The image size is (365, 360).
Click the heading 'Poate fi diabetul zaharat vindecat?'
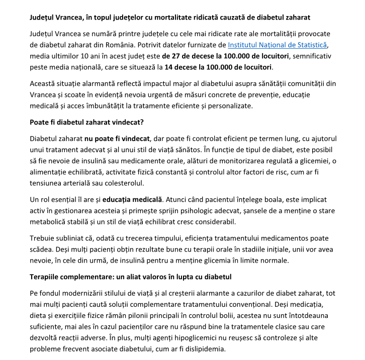pyautogui.click(x=87, y=122)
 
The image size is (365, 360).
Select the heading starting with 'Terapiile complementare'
pyautogui.click(x=130, y=277)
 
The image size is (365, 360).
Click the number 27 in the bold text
pyautogui.click(x=185, y=56)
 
